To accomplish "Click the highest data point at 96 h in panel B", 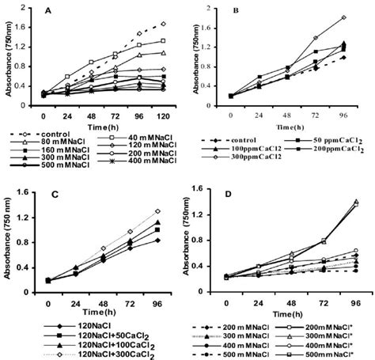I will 344,17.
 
